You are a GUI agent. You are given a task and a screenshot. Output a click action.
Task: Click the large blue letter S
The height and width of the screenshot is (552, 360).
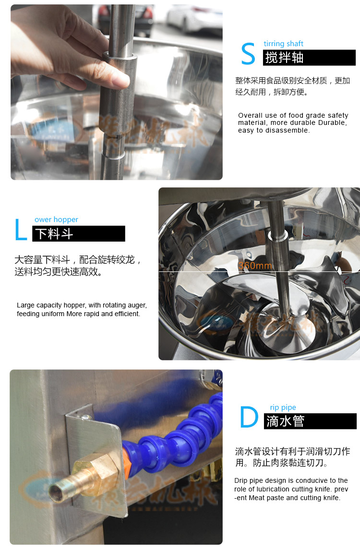248,54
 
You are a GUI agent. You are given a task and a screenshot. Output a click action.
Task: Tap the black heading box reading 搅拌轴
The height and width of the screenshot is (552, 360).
309,58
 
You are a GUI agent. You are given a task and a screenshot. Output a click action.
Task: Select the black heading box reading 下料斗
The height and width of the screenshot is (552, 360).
79,234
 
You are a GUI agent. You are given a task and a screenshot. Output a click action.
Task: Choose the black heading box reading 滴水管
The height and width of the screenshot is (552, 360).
310,421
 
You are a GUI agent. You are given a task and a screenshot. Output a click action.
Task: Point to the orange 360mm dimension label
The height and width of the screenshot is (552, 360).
255,266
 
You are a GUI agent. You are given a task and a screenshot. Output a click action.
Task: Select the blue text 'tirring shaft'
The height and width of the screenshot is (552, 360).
284,44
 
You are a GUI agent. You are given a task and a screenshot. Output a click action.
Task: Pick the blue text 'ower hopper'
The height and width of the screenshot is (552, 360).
56,220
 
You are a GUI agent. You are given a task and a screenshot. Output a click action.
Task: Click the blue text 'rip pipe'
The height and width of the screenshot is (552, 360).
283,407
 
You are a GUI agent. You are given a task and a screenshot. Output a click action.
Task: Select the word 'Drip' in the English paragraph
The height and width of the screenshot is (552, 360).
241,480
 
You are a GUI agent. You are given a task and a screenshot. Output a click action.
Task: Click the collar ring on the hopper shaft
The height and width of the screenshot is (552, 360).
279,235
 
